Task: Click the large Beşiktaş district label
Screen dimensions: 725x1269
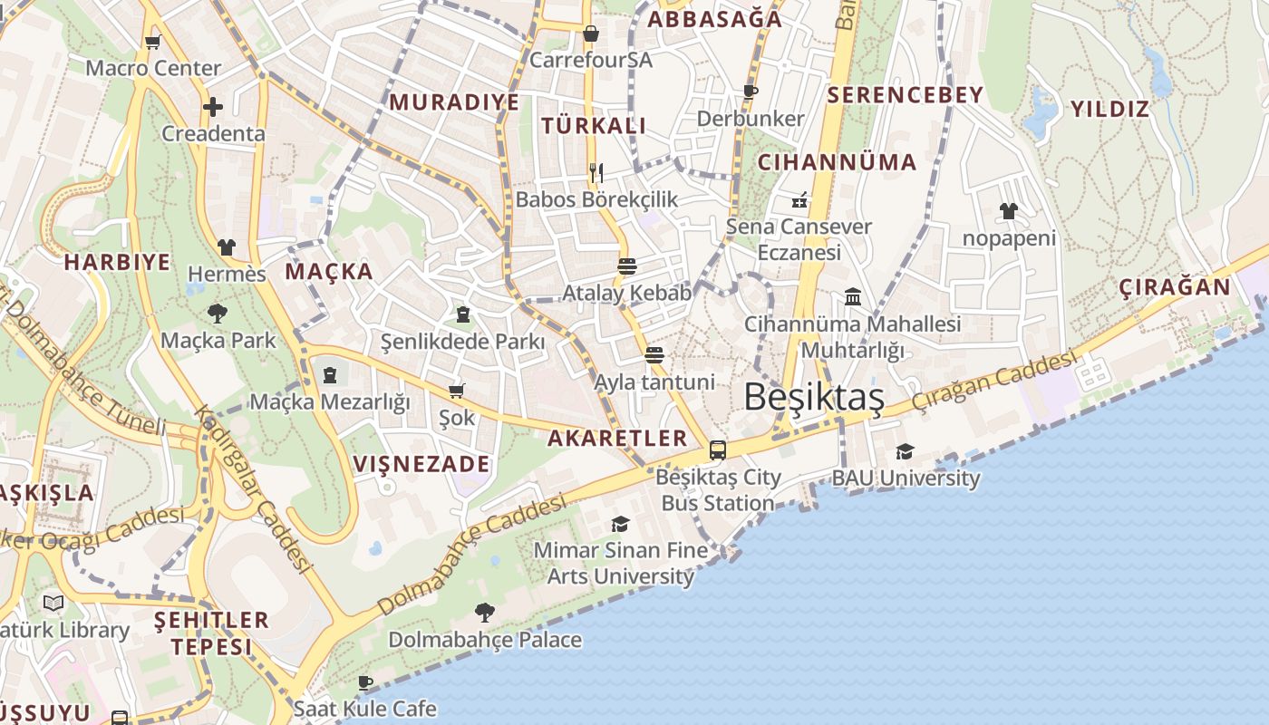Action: (x=813, y=397)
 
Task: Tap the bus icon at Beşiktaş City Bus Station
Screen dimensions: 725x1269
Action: (x=718, y=449)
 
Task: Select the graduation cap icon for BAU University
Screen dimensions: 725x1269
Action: (x=905, y=451)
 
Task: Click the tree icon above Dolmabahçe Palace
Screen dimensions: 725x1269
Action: (x=485, y=613)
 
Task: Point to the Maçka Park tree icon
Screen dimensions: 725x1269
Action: (x=218, y=314)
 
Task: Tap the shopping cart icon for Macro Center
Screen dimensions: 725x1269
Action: (x=153, y=42)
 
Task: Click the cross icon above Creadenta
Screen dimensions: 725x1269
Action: (x=213, y=107)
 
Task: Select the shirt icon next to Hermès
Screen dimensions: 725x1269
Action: (x=227, y=246)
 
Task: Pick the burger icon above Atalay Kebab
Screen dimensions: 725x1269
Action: (x=626, y=266)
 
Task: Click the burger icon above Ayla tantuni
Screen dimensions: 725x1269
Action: (x=654, y=354)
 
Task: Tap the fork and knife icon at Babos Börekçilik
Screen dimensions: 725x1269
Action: (x=596, y=172)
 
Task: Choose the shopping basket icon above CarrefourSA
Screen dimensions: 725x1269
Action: (x=591, y=34)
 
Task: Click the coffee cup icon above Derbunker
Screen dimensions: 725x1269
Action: (x=751, y=92)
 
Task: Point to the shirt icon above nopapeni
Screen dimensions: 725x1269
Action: (x=1009, y=211)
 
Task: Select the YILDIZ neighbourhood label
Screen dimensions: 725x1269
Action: (x=1109, y=110)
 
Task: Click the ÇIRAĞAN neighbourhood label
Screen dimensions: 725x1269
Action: (x=1174, y=288)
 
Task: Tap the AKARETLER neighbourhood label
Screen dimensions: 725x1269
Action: (x=617, y=439)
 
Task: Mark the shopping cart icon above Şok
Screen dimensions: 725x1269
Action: (x=457, y=391)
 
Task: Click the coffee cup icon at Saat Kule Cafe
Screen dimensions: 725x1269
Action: (x=365, y=681)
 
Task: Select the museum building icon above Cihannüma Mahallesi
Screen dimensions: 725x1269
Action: (x=852, y=296)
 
